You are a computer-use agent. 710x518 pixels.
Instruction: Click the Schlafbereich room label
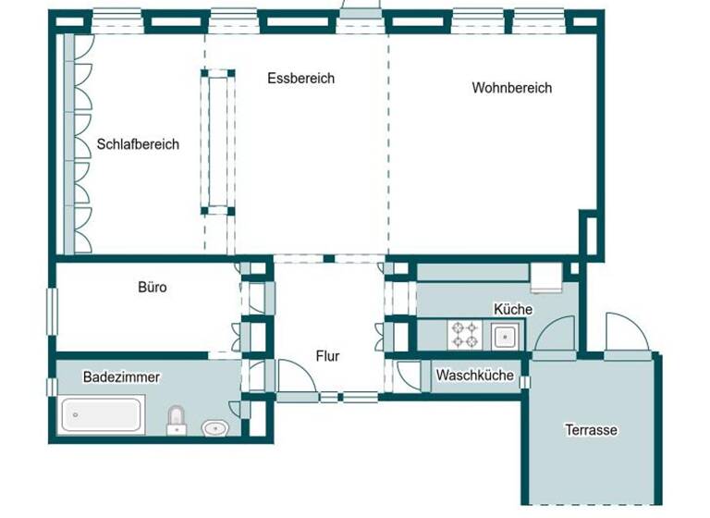point(138,144)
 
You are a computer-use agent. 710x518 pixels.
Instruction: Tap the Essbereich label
point(300,79)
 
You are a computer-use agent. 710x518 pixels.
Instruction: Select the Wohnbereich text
point(511,88)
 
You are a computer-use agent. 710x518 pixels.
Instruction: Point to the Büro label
point(153,288)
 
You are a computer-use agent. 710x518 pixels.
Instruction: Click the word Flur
point(327,354)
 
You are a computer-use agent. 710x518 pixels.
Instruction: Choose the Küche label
point(513,309)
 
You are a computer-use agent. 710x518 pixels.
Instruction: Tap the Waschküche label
point(474,376)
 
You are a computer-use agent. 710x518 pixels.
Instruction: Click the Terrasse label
point(591,429)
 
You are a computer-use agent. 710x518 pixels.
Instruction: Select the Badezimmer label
point(121,376)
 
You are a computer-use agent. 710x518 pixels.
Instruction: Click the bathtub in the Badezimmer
point(103,414)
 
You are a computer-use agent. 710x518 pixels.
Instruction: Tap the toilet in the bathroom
point(177,420)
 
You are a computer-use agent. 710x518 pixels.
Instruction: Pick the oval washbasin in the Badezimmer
point(215,427)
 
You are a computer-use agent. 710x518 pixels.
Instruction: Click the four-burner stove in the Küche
point(464,335)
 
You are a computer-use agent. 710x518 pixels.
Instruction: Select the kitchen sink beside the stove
point(505,336)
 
